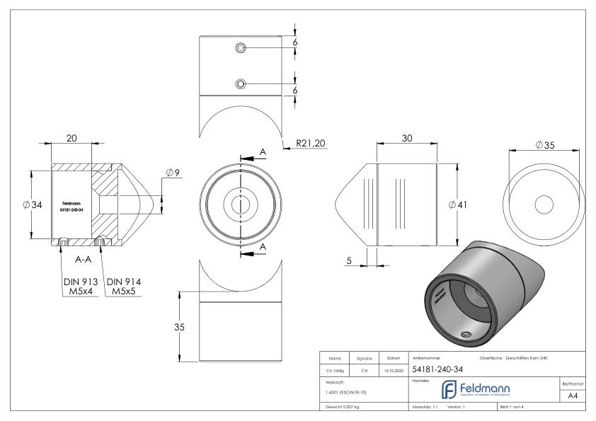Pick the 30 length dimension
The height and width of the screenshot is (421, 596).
(x=407, y=139)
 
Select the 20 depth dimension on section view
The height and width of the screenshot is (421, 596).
(x=71, y=139)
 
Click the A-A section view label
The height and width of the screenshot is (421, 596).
(x=84, y=260)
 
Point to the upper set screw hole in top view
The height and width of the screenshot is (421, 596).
(x=241, y=47)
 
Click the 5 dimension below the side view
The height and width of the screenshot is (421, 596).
(x=349, y=261)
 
